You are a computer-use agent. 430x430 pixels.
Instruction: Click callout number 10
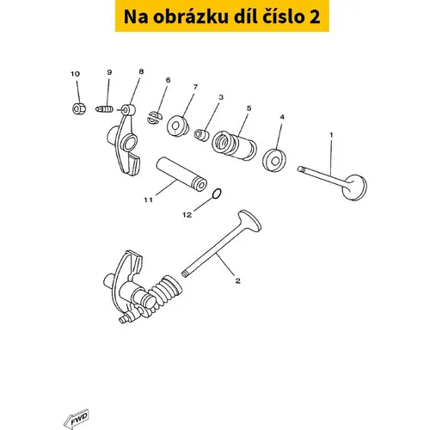76,74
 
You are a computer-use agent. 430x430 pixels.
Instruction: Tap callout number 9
109,72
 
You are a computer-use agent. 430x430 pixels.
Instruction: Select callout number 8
141,71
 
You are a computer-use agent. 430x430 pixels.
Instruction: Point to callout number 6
168,80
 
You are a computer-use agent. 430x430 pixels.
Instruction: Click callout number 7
195,87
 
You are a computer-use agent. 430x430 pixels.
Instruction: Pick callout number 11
148,200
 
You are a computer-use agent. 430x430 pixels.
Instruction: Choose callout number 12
187,215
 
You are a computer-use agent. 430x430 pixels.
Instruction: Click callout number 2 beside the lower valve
237,281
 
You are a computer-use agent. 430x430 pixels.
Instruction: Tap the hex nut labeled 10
77,108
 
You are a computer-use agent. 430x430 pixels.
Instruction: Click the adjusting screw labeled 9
104,109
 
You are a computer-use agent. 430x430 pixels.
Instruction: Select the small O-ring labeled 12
217,193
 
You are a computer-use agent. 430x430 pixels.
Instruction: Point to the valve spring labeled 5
234,145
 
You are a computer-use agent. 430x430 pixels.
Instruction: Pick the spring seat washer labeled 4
274,160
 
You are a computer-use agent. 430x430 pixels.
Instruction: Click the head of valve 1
354,187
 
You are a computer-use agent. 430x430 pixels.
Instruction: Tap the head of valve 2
250,221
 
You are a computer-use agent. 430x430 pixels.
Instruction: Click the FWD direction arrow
77,419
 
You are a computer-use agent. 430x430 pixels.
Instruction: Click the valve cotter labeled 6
155,118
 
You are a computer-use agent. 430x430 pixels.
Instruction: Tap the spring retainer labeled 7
178,126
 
